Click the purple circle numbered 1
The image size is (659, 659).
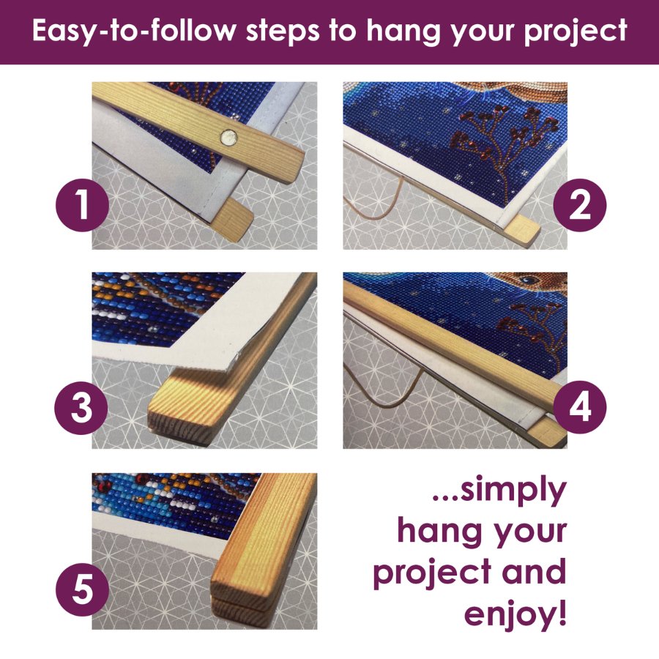82,205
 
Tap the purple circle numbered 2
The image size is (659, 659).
580,205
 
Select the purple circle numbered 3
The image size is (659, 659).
81,408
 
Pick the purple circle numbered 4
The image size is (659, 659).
580,407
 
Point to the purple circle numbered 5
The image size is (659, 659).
82,589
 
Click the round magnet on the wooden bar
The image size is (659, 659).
228,138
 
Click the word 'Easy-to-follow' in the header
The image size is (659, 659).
134,31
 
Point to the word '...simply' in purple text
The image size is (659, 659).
499,491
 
